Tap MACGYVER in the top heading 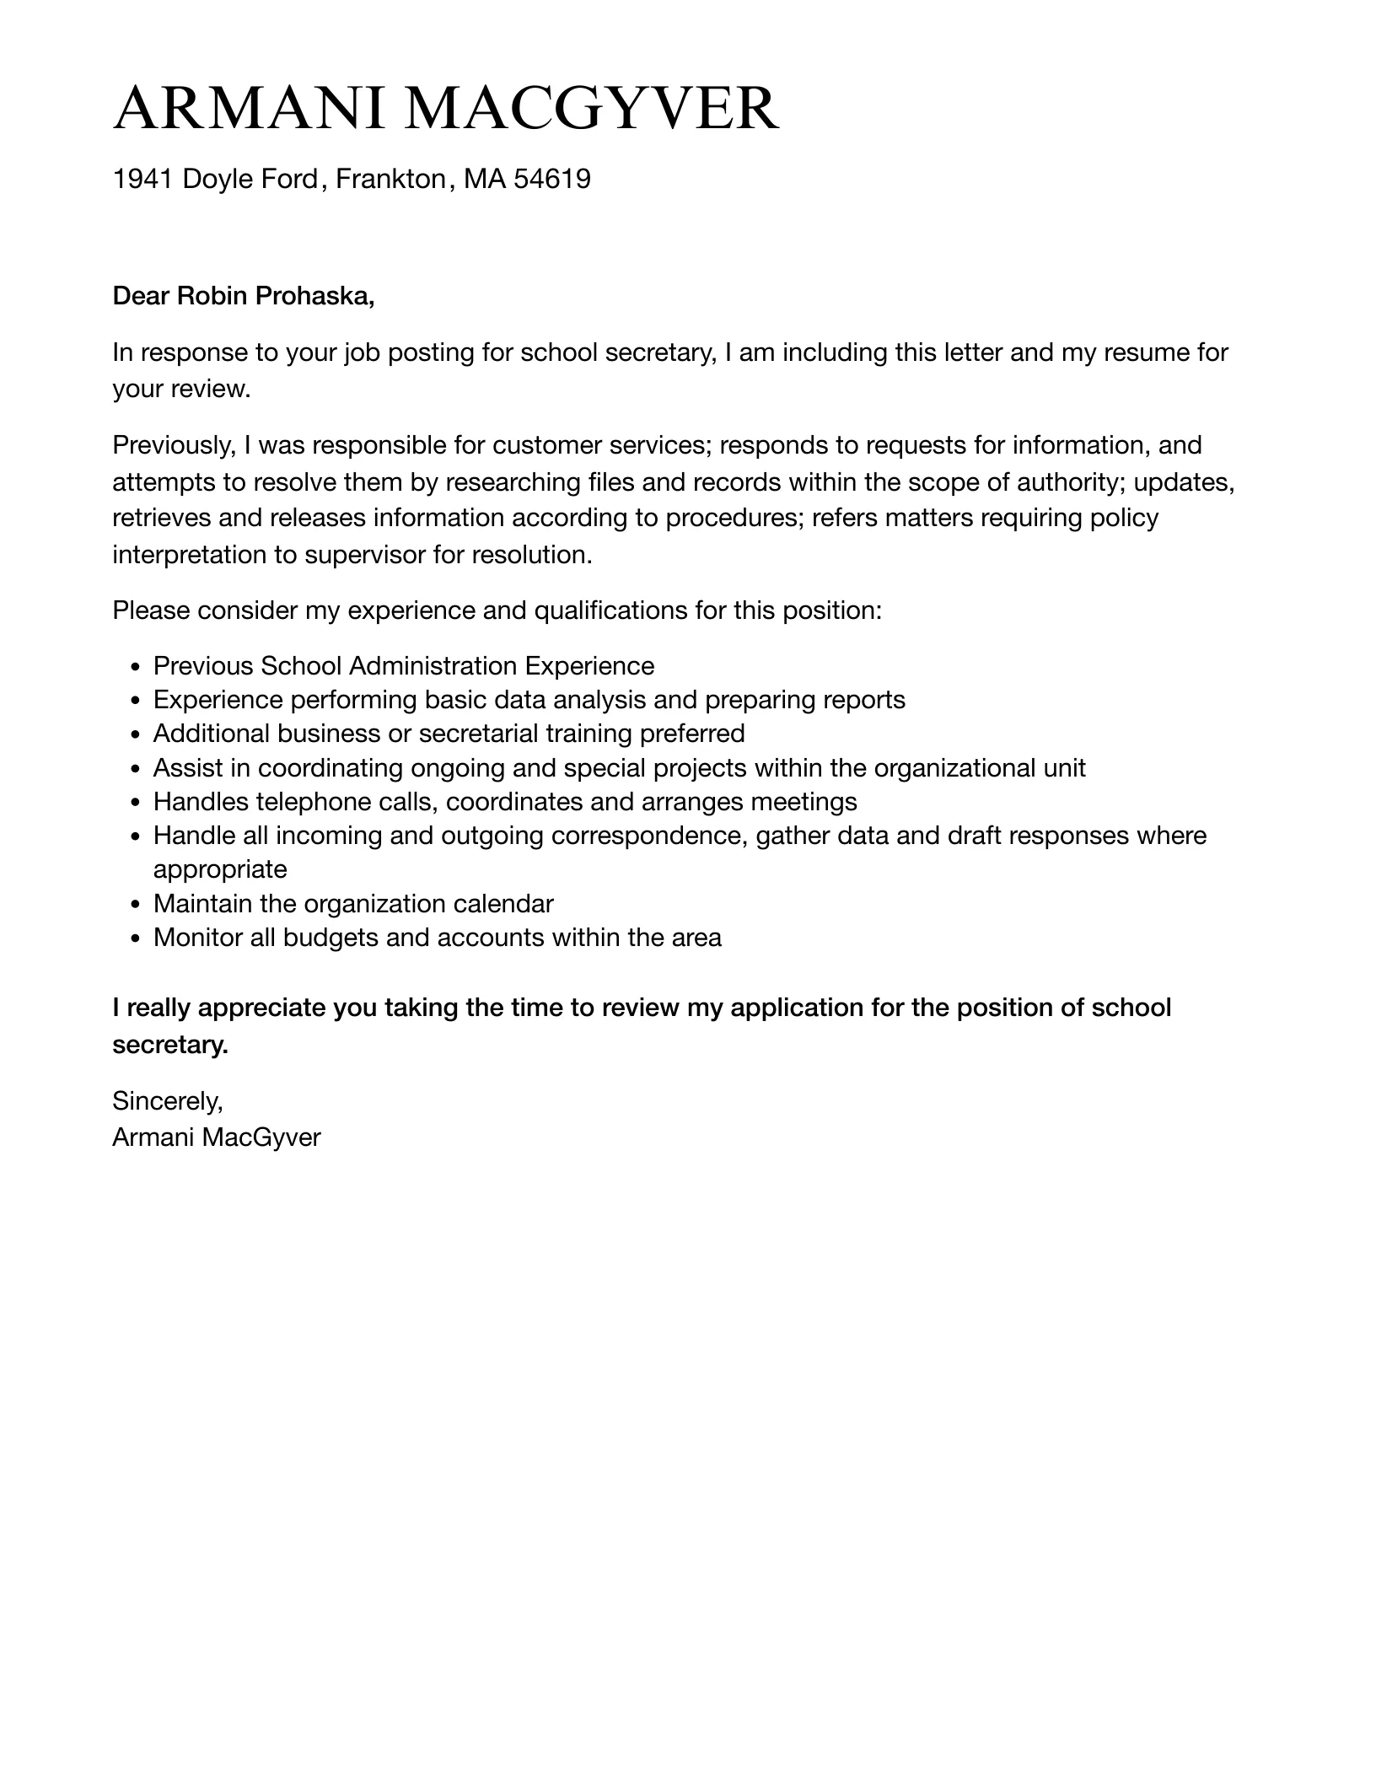pos(591,109)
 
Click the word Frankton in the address pos(390,179)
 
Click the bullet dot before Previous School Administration pos(136,667)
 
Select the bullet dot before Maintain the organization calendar pos(136,905)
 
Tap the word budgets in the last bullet pos(330,938)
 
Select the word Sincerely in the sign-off pos(167,1100)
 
